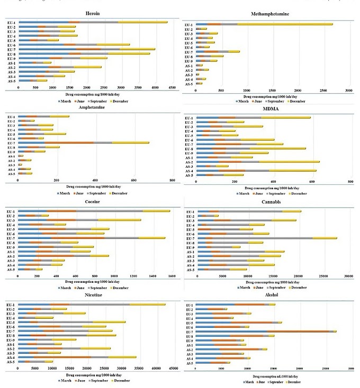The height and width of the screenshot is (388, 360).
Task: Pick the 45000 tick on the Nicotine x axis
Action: [x=173, y=368]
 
